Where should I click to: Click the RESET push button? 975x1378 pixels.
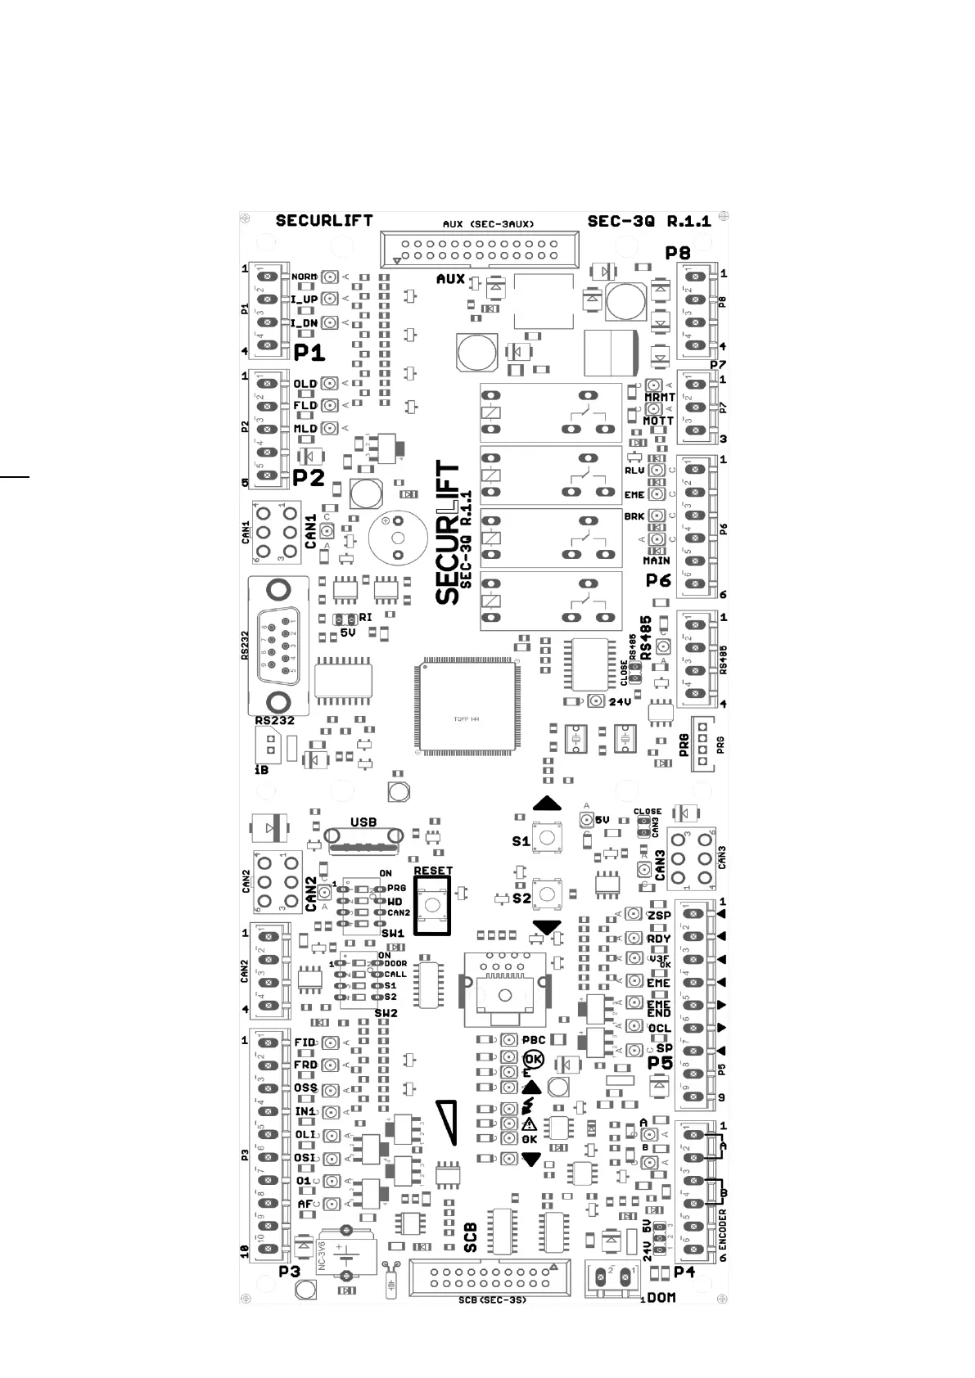coord(431,904)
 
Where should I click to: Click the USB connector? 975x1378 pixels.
coord(364,836)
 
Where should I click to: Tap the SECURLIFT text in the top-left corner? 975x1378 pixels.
coord(324,221)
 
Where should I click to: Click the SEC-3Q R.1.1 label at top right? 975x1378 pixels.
coord(649,221)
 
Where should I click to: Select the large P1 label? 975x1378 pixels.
coord(309,353)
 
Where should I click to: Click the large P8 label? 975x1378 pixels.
coord(677,253)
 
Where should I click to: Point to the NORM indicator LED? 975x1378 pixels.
coord(330,277)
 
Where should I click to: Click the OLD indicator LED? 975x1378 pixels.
coord(330,383)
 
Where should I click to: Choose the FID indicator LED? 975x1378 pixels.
coord(330,1043)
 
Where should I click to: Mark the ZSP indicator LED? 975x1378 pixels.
coord(634,914)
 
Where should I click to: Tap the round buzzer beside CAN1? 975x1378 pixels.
coord(398,538)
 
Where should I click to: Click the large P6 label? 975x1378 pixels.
coord(658,580)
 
